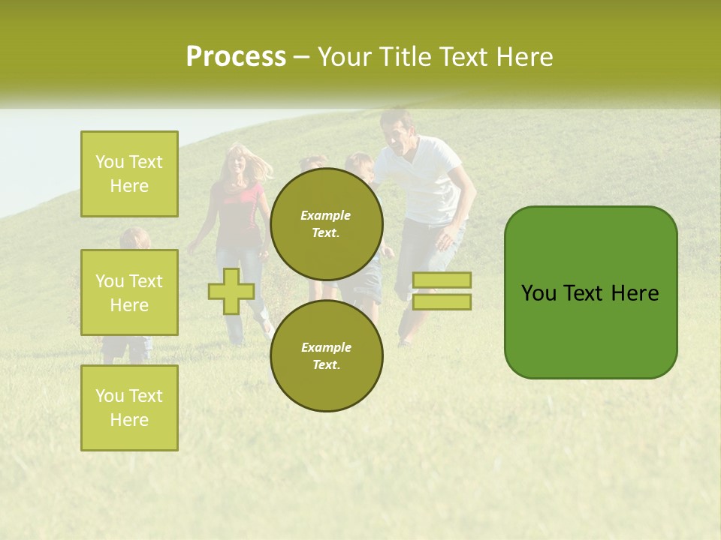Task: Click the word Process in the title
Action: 236,57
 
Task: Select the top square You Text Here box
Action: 129,174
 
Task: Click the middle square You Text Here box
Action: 129,292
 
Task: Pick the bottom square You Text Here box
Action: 129,408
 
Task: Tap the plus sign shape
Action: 231,291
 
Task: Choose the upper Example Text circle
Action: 326,223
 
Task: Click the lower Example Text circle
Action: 326,355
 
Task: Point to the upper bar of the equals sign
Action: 442,280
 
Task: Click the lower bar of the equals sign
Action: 442,301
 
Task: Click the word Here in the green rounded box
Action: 635,293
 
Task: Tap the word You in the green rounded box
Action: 538,293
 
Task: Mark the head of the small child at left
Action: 134,239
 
